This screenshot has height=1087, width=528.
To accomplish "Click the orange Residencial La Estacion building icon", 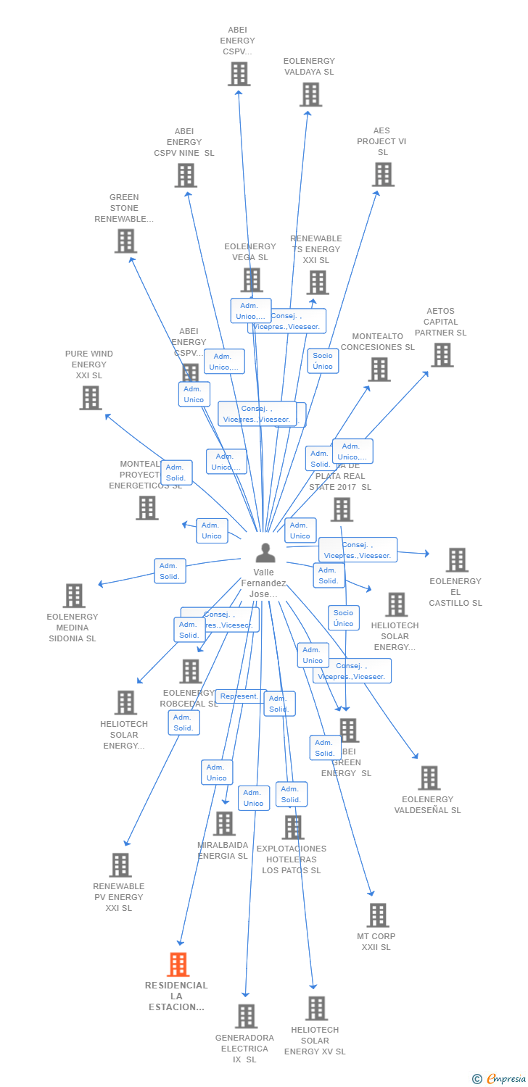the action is (x=178, y=965).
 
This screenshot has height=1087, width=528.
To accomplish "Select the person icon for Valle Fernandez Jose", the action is (x=265, y=554).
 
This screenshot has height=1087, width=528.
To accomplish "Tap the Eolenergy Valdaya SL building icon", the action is (x=310, y=95).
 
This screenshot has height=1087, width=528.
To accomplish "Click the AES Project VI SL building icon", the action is (x=384, y=175).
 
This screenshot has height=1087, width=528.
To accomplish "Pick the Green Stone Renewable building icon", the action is (x=125, y=241).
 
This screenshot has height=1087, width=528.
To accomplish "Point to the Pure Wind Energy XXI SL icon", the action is (x=91, y=398).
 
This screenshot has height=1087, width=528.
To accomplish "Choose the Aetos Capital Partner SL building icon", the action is (x=442, y=355).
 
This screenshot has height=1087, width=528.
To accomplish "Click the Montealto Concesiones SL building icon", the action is (x=379, y=370).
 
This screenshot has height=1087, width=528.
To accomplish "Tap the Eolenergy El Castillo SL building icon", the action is (x=457, y=560).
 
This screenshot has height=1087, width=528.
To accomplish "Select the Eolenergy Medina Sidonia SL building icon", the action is (x=74, y=596).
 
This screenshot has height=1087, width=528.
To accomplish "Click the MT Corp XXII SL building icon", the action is (x=377, y=915).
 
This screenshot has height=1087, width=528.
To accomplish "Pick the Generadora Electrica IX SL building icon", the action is (x=247, y=1016).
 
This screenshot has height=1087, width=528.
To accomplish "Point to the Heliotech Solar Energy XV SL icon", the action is (x=316, y=1009).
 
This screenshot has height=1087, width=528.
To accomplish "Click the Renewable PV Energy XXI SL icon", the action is (x=120, y=865).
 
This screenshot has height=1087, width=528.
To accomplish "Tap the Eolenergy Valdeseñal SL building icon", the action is (x=429, y=778).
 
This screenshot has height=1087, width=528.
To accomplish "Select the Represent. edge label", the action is (x=240, y=696).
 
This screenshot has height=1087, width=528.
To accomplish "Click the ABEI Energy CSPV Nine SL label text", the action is (x=184, y=142).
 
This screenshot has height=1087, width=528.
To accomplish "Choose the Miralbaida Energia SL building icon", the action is (x=224, y=823).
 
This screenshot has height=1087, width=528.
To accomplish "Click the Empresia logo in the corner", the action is (x=500, y=1079).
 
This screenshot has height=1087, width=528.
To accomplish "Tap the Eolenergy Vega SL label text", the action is (x=250, y=251).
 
